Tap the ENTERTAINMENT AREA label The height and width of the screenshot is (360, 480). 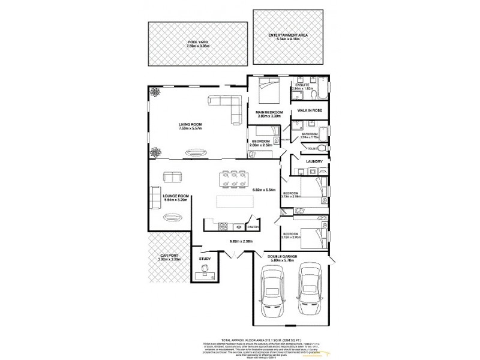click(x=289, y=35)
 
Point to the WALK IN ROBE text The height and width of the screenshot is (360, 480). click(x=310, y=111)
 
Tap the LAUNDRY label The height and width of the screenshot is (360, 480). click(x=314, y=161)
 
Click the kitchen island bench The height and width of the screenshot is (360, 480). click(x=230, y=201)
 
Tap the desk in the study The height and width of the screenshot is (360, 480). click(x=205, y=276)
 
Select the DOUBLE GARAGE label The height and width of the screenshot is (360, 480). click(x=289, y=256)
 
